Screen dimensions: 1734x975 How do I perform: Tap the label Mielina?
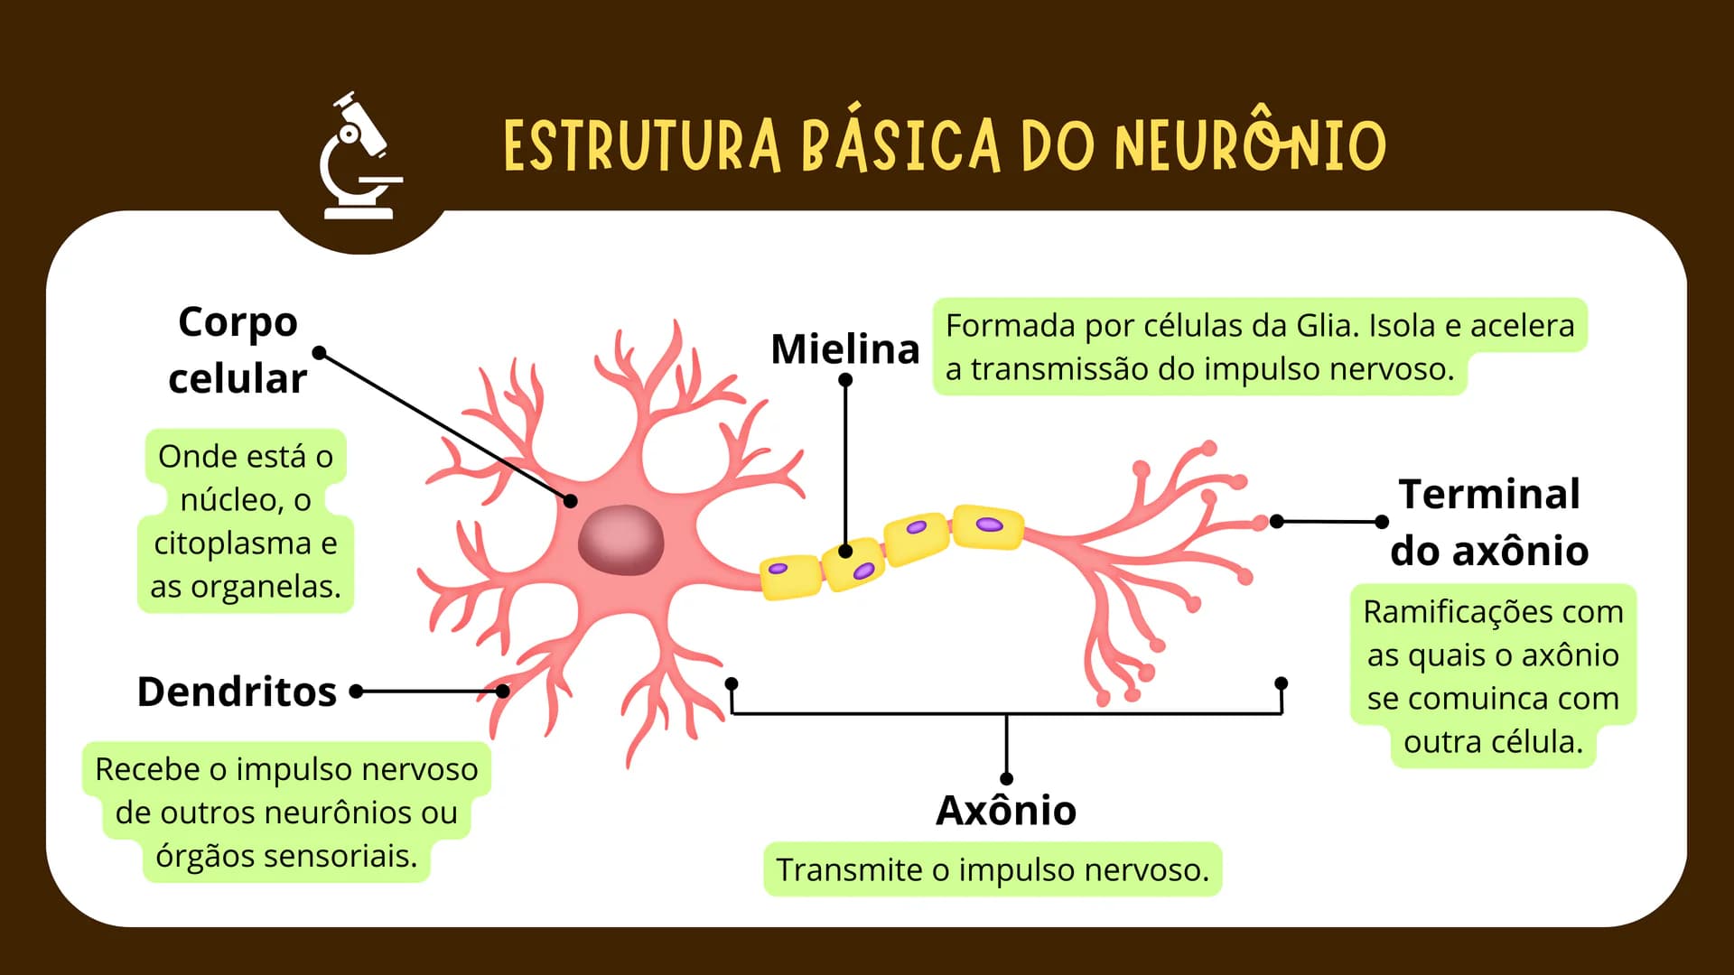[x=844, y=348]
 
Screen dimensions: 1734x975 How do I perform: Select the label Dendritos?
[x=237, y=692]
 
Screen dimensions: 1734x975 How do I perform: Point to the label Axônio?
[x=1006, y=810]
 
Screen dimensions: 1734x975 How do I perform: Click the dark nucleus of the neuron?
[x=620, y=540]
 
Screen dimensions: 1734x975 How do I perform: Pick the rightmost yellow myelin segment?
[x=989, y=527]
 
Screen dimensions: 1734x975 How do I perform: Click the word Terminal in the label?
[x=1489, y=494]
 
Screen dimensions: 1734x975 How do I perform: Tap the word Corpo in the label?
[x=238, y=322]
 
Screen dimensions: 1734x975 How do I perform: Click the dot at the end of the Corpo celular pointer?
[x=320, y=352]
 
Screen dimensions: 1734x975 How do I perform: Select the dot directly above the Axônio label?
[x=1007, y=778]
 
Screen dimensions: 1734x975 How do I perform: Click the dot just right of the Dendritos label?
[x=357, y=692]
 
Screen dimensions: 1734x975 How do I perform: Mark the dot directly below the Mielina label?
[x=845, y=380]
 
